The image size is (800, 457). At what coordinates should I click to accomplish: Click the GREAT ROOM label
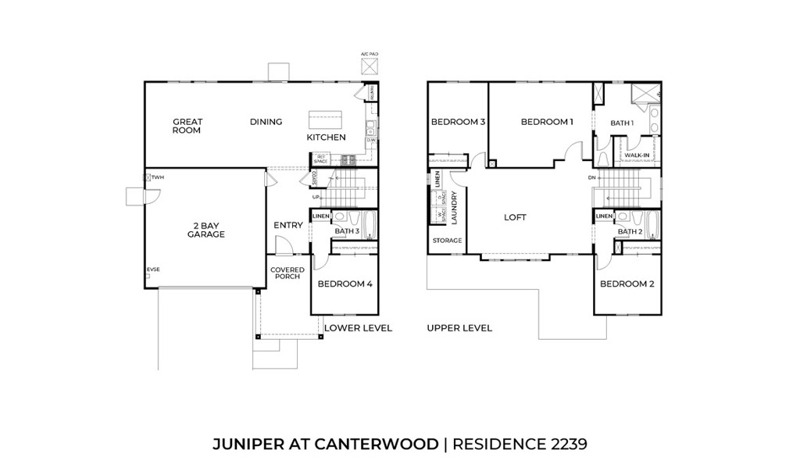pos(187,126)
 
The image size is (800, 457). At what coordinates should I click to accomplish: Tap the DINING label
pos(266,122)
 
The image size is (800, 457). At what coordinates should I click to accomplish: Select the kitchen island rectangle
pos(325,121)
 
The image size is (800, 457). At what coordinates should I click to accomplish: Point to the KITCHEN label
pos(326,137)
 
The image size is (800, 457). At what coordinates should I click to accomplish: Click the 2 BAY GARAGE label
pos(206,230)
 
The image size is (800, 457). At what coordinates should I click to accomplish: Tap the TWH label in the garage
pos(158,177)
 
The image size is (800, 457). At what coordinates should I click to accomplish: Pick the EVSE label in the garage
pos(153,270)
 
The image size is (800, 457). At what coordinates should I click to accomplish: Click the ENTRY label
pos(288,226)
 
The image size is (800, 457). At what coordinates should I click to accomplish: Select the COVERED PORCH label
pos(287,273)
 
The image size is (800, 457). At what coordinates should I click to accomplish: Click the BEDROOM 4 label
pos(345,284)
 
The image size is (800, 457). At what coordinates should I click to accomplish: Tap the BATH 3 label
pos(347,231)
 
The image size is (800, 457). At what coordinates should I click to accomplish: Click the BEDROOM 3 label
pos(459,122)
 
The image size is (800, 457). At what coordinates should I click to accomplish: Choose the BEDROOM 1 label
pos(547,122)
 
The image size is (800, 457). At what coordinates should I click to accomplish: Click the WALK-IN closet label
pos(637,155)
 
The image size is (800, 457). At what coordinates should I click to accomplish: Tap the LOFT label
pos(515,217)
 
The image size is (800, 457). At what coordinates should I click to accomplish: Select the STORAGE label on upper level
pos(447,241)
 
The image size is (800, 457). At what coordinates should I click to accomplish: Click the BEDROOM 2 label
pos(627,284)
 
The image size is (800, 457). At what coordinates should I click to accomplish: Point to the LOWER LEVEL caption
pos(358,328)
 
